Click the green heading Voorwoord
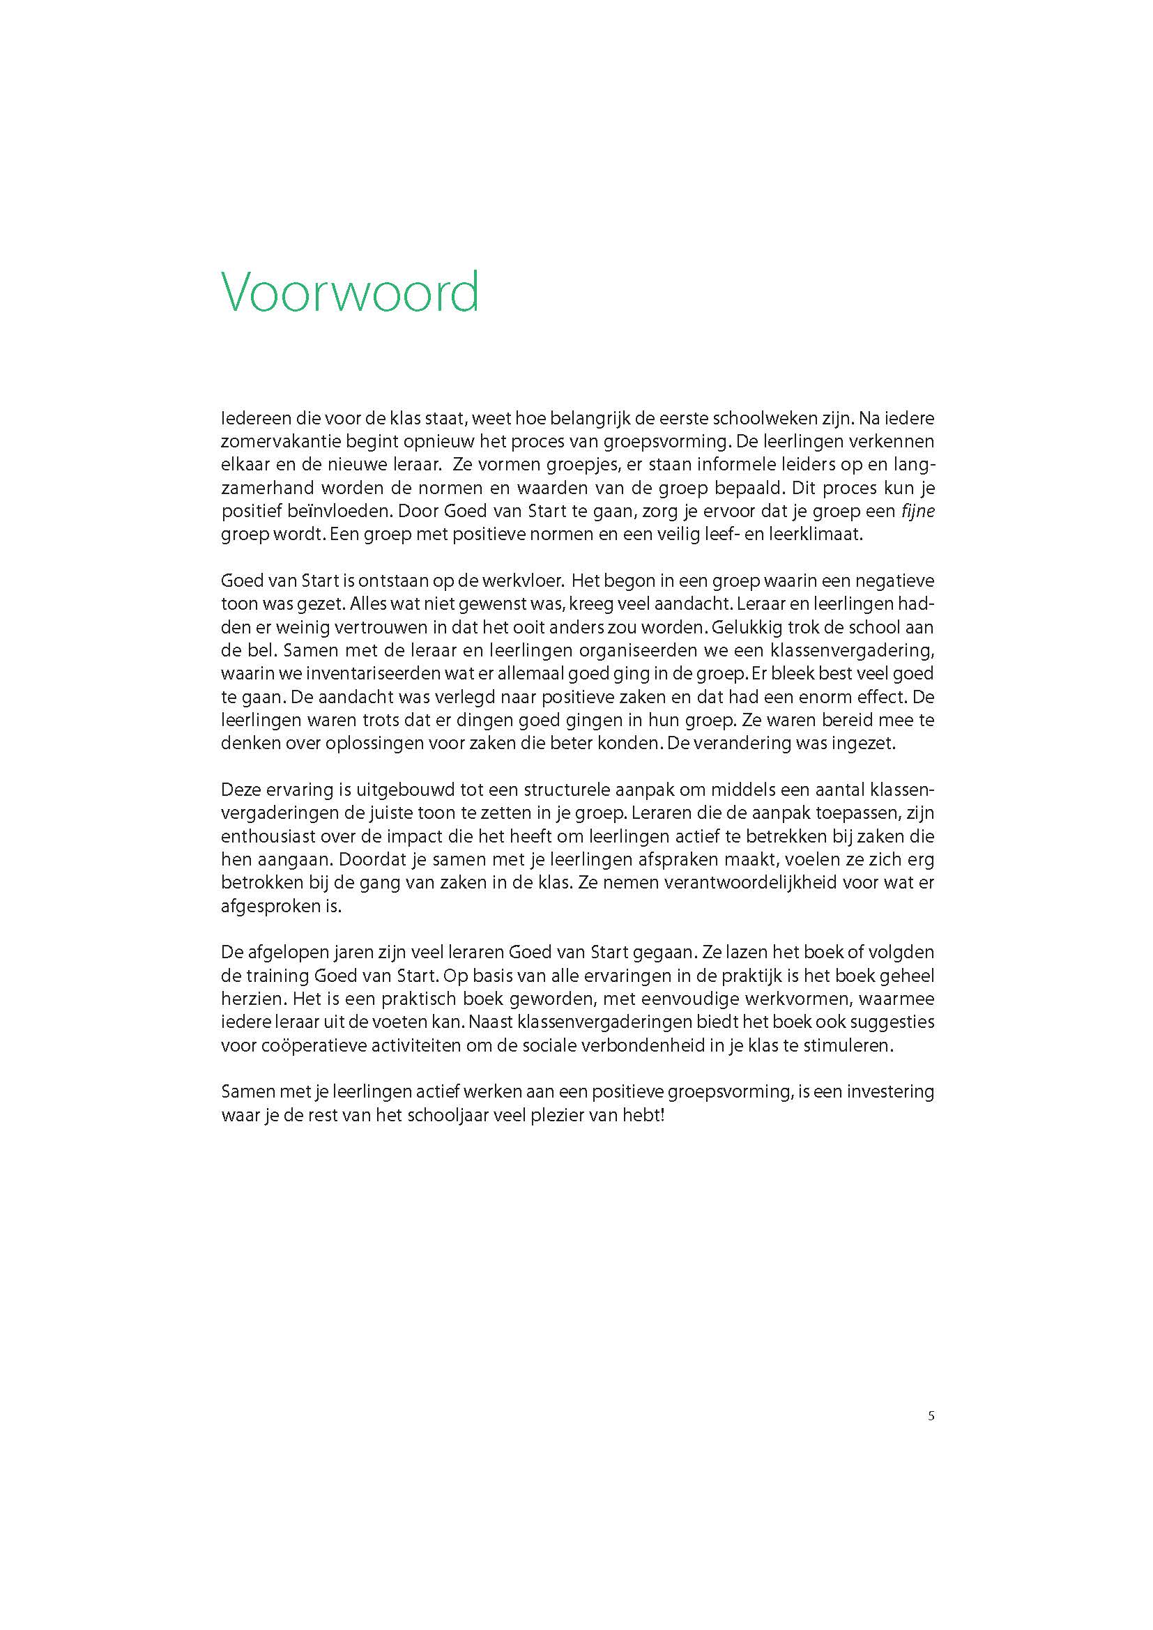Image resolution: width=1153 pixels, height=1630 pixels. tap(350, 293)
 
